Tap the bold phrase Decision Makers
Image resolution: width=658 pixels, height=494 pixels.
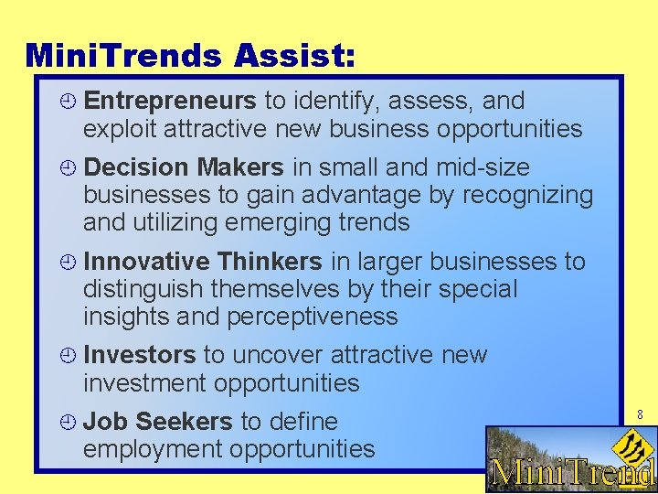click(x=184, y=167)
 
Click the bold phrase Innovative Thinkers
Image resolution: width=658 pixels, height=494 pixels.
click(x=203, y=262)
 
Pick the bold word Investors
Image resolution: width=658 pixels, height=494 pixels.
click(x=139, y=355)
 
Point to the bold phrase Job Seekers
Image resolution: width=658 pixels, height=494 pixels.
click(x=158, y=422)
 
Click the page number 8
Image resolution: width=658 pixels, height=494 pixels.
click(x=640, y=414)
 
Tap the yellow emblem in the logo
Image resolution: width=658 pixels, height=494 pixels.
click(x=631, y=446)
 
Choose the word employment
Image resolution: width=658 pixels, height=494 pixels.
click(x=151, y=449)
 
